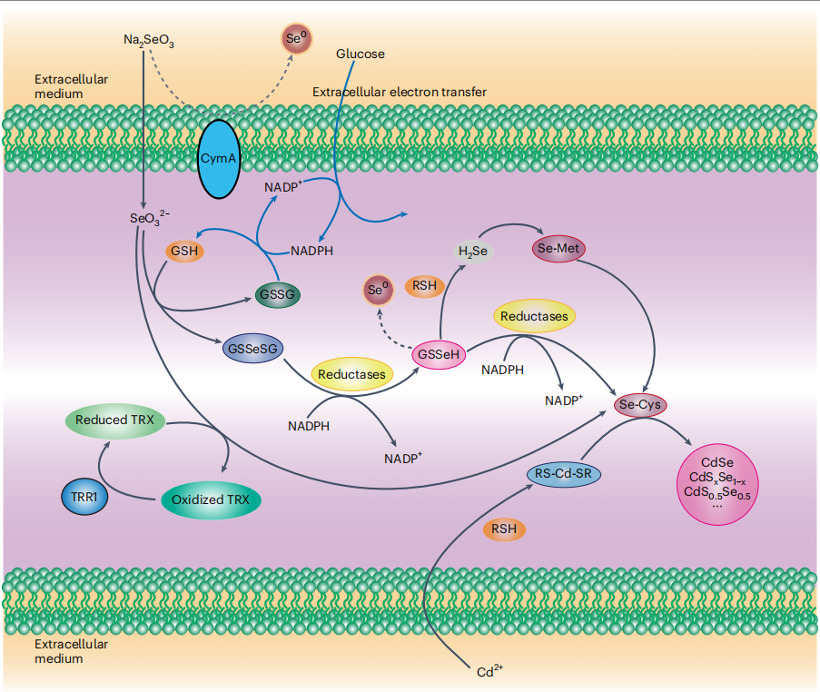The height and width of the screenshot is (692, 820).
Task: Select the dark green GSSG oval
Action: pyautogui.click(x=278, y=294)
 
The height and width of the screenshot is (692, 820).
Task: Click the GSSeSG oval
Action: pyautogui.click(x=250, y=348)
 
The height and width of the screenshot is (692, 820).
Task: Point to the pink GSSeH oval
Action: pyautogui.click(x=439, y=354)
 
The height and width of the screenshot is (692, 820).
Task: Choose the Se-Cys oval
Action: pyautogui.click(x=639, y=404)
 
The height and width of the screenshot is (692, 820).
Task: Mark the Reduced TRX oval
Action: pyautogui.click(x=114, y=420)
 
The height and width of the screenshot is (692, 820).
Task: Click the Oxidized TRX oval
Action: pyautogui.click(x=211, y=499)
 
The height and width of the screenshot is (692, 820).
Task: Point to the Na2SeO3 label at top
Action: pyautogui.click(x=148, y=40)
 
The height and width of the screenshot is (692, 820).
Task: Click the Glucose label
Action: pyautogui.click(x=361, y=54)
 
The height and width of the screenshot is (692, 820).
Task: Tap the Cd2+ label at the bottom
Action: pyautogui.click(x=489, y=672)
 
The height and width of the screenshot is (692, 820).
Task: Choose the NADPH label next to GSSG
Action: pyautogui.click(x=311, y=251)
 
